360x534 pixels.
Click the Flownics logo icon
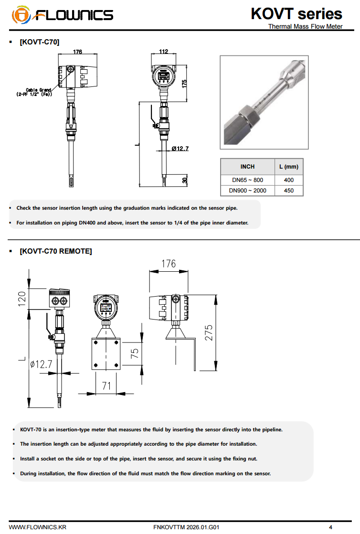(21, 15)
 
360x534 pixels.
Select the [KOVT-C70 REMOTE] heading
(55, 251)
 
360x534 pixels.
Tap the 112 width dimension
(164, 52)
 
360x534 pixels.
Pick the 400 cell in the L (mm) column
(288, 180)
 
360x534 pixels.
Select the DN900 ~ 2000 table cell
(247, 191)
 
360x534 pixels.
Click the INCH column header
(247, 167)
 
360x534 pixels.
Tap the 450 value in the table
(288, 191)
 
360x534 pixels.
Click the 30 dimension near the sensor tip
(185, 181)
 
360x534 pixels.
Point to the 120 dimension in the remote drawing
(21, 299)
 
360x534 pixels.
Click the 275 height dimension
(209, 332)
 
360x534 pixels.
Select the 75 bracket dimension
(135, 353)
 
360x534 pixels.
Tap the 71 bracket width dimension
(106, 385)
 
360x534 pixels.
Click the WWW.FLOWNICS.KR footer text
(38, 527)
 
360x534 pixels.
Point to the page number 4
(330, 527)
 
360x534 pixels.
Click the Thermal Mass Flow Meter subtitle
(305, 26)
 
